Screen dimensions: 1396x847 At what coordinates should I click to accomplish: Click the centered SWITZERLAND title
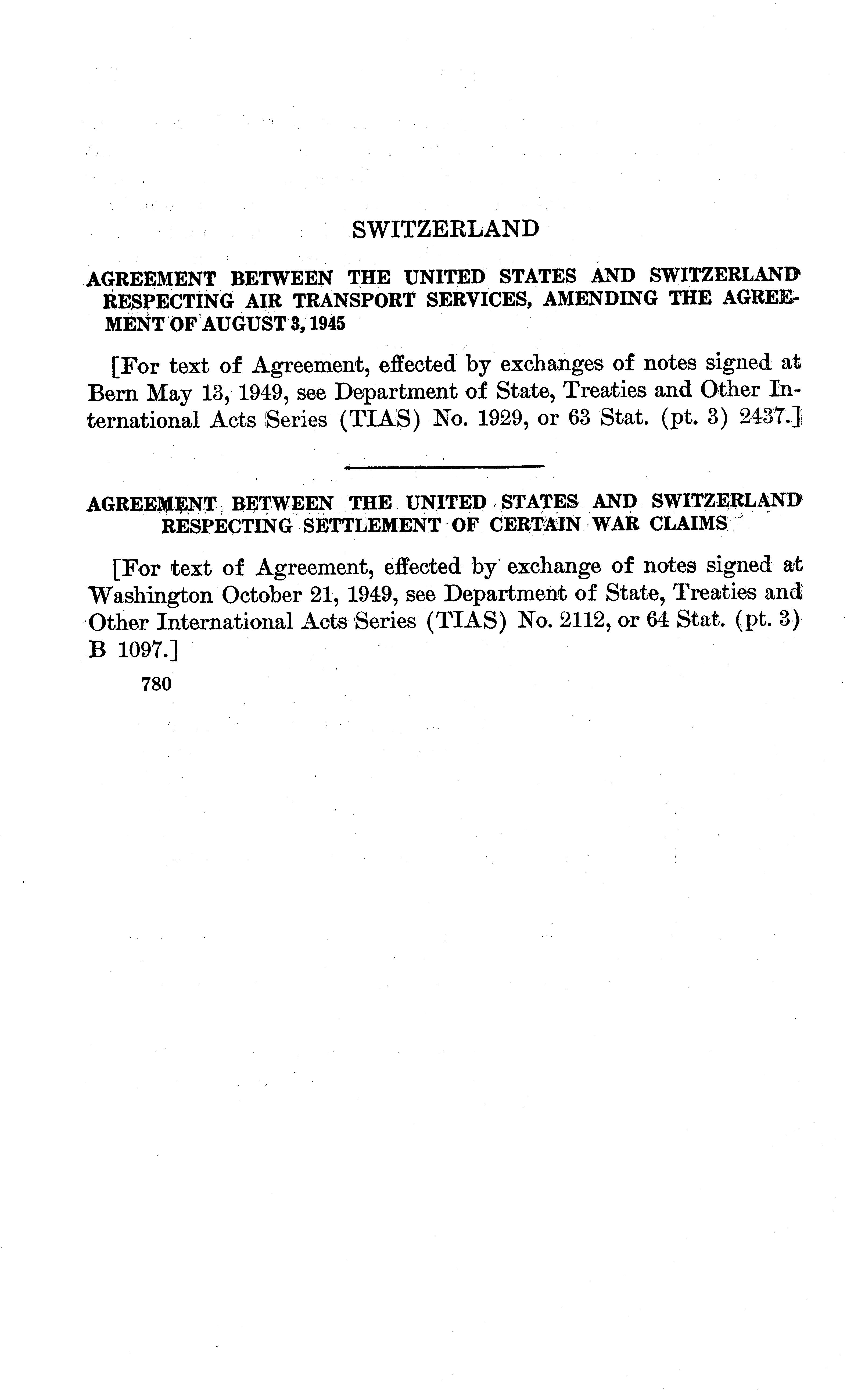tap(445, 229)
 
